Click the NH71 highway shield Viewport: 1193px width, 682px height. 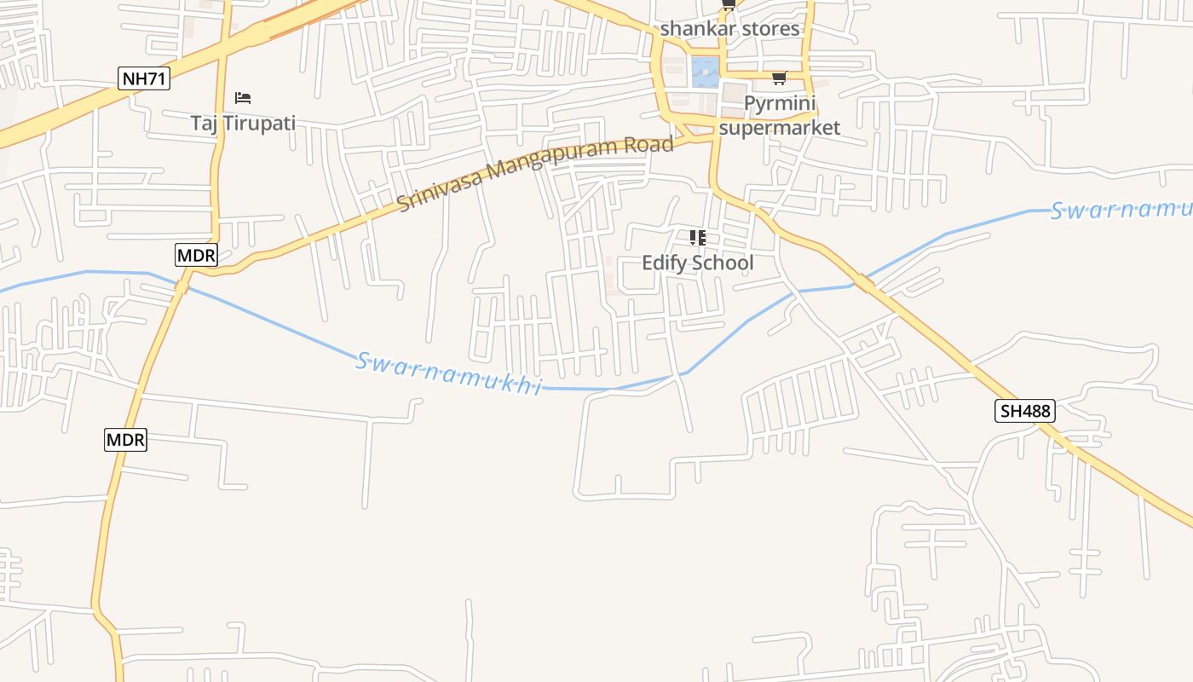144,79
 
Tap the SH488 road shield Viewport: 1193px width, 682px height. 1025,411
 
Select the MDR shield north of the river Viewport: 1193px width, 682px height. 197,254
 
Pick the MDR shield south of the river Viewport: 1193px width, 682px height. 126,440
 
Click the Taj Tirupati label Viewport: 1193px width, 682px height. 243,123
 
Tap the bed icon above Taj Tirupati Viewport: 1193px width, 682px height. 243,98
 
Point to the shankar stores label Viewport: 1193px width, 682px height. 730,28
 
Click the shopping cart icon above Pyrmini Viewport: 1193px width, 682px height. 779,78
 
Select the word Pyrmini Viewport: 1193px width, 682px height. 780,104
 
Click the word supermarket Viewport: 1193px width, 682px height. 780,128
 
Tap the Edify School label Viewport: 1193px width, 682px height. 698,263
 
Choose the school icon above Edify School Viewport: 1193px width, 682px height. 698,237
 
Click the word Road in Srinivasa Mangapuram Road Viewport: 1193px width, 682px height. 649,146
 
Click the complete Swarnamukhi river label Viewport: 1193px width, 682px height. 448,373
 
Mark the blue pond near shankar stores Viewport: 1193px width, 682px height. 705,72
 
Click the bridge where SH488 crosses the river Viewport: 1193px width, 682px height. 865,282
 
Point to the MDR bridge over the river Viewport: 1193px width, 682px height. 182,285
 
